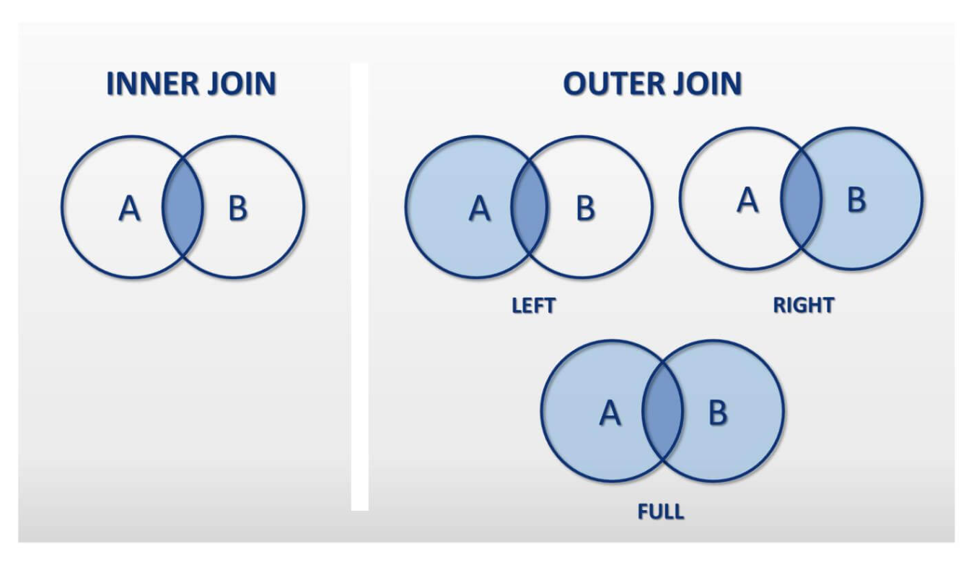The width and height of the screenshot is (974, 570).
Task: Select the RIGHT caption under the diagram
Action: coord(803,306)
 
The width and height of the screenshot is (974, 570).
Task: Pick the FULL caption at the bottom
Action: coord(661,512)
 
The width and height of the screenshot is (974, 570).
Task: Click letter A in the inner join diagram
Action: coord(129,210)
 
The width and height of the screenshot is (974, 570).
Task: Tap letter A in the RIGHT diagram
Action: coord(747,199)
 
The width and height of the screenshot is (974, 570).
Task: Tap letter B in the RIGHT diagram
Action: coord(856,199)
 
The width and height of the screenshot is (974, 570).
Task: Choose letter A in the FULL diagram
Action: coord(610,413)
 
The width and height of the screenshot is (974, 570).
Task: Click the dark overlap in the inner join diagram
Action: coord(183,208)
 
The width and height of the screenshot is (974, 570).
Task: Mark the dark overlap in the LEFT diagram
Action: coord(530,208)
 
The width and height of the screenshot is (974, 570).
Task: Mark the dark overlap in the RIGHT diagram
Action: coord(801,199)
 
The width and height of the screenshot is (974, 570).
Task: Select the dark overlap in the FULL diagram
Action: coord(663,413)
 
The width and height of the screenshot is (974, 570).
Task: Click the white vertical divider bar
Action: coord(359,289)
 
